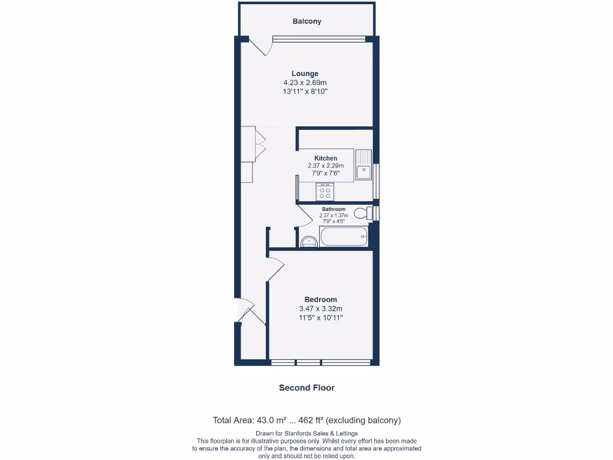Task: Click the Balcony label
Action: click(x=306, y=22)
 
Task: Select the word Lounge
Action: click(x=305, y=74)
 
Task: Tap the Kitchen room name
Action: click(x=326, y=158)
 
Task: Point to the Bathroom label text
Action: click(x=333, y=209)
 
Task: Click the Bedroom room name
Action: click(x=320, y=299)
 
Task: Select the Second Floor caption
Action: click(x=306, y=388)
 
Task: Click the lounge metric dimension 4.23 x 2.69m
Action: click(x=305, y=83)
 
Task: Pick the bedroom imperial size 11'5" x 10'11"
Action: click(x=320, y=317)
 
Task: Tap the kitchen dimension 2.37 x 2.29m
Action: click(x=326, y=166)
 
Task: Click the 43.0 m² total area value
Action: click(x=274, y=420)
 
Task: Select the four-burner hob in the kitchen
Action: click(x=325, y=192)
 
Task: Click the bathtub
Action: click(x=344, y=237)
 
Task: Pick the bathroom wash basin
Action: click(x=309, y=241)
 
